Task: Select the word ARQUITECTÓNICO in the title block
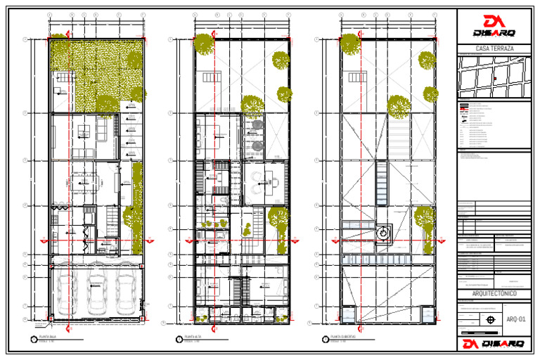coord(494,293)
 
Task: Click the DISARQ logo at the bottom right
coord(494,344)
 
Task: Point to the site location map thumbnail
coord(494,77)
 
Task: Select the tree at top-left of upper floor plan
coord(203,44)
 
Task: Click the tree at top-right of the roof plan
coord(427,60)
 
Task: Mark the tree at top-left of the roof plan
coord(349,44)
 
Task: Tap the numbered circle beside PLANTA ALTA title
coord(180,340)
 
